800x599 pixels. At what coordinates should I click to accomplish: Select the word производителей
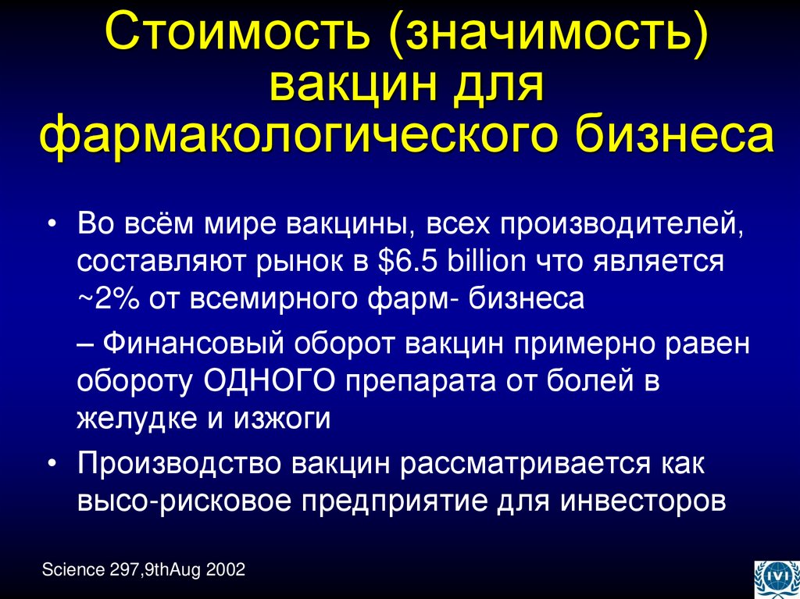point(618,223)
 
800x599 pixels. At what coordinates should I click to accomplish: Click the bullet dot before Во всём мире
point(52,224)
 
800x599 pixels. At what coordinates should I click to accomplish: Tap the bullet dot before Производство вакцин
point(52,463)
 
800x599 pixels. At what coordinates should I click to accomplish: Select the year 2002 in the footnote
point(227,570)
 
